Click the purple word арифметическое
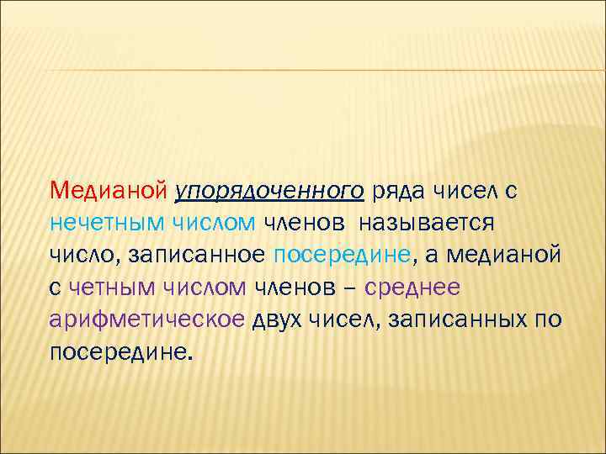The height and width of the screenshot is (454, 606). [x=148, y=320]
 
